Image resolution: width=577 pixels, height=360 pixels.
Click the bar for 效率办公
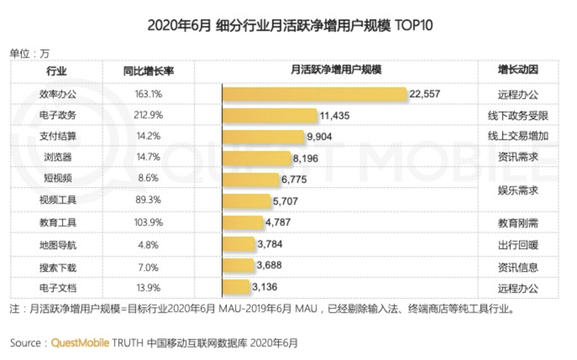(x=314, y=94)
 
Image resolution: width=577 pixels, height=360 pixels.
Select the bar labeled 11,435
(x=269, y=115)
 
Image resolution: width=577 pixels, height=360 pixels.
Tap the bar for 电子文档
(x=236, y=288)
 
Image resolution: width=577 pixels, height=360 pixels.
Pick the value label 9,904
(x=320, y=136)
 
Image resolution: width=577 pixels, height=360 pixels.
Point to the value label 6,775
(x=294, y=180)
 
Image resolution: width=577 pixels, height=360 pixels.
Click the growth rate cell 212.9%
(x=148, y=115)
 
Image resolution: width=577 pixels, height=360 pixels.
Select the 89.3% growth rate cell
(x=148, y=200)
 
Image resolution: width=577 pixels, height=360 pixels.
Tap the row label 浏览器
(x=58, y=157)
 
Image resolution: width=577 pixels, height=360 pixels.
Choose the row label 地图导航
(x=58, y=245)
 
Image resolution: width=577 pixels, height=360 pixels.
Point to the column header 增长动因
(x=518, y=70)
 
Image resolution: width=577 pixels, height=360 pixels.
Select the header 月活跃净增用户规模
(x=336, y=70)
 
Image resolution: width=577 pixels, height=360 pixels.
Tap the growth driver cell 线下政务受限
(x=518, y=115)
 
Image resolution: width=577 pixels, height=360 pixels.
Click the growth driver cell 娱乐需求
(x=518, y=190)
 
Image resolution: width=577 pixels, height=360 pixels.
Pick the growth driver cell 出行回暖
(x=518, y=245)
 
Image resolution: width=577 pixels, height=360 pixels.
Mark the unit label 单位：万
(x=29, y=54)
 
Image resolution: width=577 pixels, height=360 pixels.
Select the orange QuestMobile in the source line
(x=80, y=343)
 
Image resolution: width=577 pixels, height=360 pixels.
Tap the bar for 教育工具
(x=242, y=222)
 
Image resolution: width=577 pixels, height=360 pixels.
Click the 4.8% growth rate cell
(x=148, y=245)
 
